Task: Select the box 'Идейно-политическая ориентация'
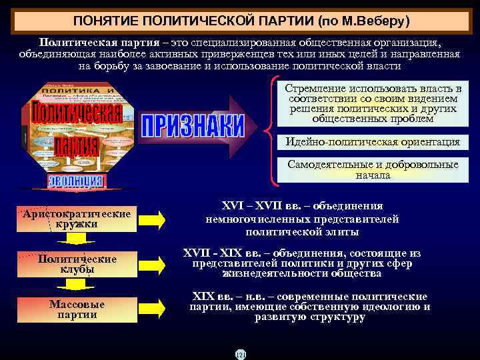[373, 142]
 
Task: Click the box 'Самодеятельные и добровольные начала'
[373, 170]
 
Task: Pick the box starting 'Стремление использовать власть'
[373, 103]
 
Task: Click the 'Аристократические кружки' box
[77, 218]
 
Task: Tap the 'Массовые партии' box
[77, 309]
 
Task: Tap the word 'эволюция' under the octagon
[75, 181]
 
